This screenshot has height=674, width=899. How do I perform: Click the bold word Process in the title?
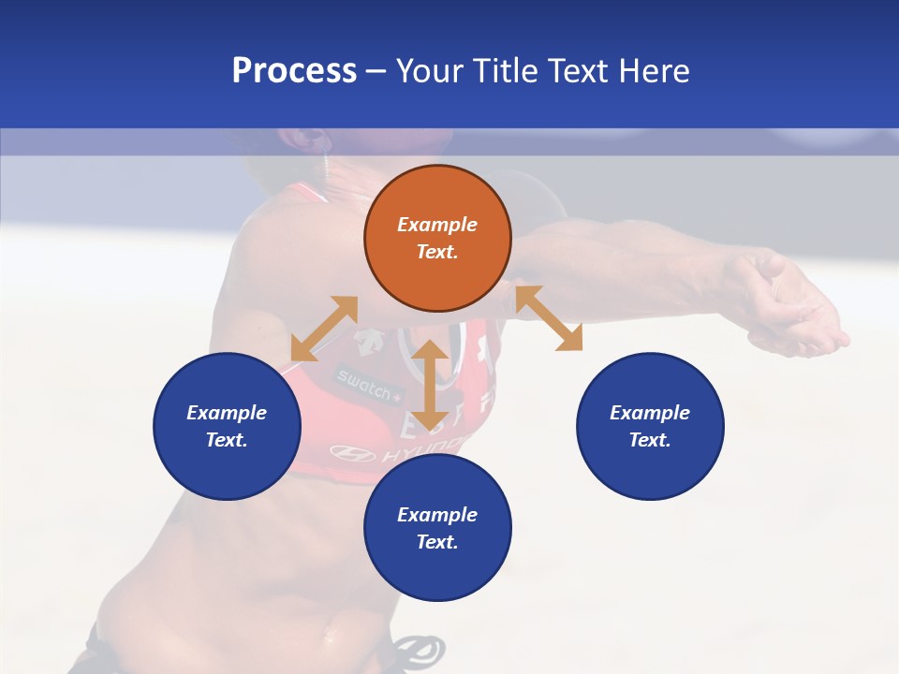click(x=294, y=71)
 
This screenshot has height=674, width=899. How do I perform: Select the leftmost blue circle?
click(x=227, y=426)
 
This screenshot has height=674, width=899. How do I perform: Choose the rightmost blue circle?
click(x=650, y=426)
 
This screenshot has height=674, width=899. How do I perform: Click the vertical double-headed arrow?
click(x=430, y=385)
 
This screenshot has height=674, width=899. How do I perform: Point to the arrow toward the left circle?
click(x=324, y=329)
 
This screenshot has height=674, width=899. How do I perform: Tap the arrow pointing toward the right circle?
click(x=549, y=318)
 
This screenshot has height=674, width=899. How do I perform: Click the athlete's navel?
click(x=329, y=637)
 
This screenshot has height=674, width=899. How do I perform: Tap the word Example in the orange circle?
click(x=437, y=225)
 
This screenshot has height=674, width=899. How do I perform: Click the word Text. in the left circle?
click(x=227, y=440)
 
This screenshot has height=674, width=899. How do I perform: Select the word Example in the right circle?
click(x=650, y=413)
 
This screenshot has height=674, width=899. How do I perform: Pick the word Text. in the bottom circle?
click(x=437, y=542)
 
